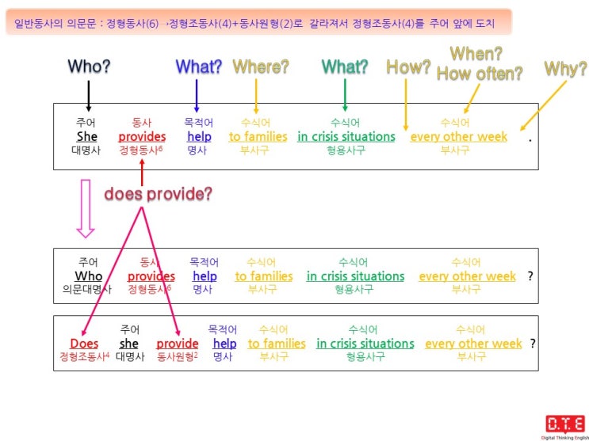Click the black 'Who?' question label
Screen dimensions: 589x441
[x=89, y=67]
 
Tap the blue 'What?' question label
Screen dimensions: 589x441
[x=199, y=67]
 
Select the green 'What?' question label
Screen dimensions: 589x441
[x=345, y=67]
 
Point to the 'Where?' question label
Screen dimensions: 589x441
[x=261, y=67]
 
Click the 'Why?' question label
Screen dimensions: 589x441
[x=566, y=68]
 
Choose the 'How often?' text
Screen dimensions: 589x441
[x=480, y=74]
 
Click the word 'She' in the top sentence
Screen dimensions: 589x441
[x=86, y=137]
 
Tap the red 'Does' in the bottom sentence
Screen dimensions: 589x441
[x=84, y=344]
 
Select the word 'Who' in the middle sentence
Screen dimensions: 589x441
[x=88, y=276]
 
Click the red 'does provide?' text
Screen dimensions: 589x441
[x=158, y=194]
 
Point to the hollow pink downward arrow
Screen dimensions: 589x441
[x=86, y=209]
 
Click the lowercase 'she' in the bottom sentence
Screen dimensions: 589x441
[x=129, y=344]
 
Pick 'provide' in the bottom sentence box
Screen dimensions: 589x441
[x=178, y=344]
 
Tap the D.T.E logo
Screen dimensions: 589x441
[x=565, y=428]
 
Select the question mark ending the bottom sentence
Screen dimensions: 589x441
[x=533, y=343]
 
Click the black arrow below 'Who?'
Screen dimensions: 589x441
[x=89, y=96]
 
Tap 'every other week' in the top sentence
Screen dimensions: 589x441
[x=459, y=137]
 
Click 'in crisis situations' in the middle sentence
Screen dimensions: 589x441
[x=355, y=276]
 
